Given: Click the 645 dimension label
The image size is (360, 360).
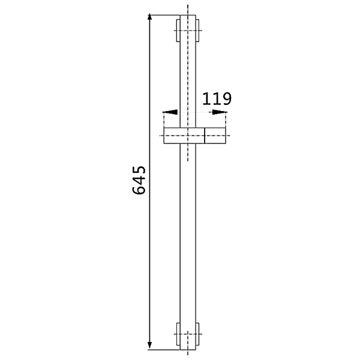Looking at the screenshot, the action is pos(139,180).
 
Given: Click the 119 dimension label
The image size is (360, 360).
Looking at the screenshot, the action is pos(217,99).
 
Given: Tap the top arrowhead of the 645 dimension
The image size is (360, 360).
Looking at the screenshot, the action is pos(149,17).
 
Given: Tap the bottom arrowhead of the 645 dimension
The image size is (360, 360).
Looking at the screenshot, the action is pos(149,346).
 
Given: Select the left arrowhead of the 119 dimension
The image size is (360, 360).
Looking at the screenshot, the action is pos(170,112).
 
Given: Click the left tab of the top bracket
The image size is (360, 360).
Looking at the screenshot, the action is pos(178,31).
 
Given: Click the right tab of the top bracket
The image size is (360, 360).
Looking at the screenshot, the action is pos(197,31).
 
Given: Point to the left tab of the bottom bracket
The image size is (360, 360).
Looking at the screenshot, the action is pos(178,334).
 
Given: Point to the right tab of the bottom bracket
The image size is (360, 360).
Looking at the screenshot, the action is pos(197,334).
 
